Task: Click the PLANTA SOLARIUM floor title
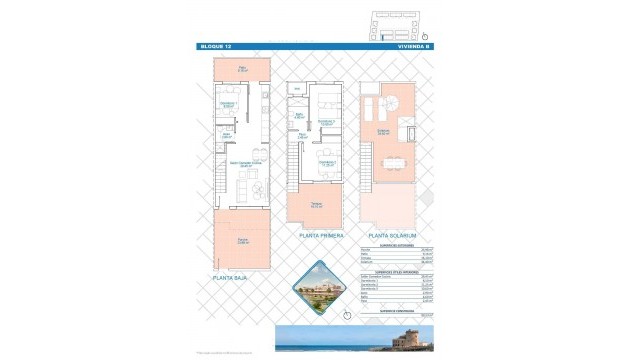point(391,235)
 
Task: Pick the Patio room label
point(242,68)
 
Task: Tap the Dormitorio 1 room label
point(229,103)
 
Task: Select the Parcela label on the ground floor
point(242,241)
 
